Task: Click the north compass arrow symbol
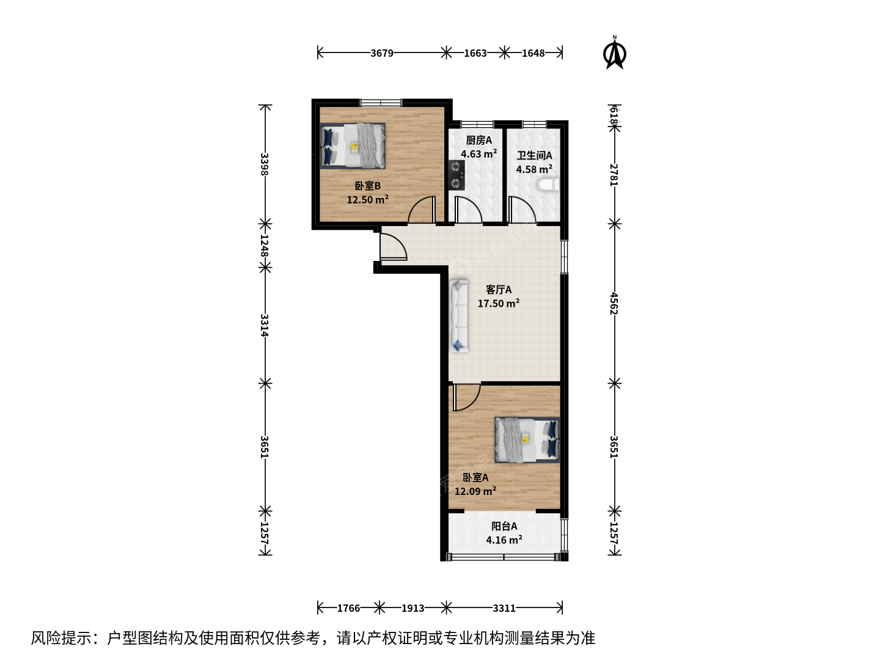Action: (614, 53)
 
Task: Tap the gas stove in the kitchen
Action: (457, 175)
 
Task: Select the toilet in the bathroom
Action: (548, 185)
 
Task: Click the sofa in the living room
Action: (459, 316)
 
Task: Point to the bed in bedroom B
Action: (353, 145)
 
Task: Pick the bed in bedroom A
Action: (527, 440)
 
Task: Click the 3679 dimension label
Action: (382, 53)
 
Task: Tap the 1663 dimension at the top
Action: (475, 53)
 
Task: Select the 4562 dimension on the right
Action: (614, 303)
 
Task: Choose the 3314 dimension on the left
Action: (264, 325)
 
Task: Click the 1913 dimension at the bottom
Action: (413, 608)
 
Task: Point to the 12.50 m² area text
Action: (367, 199)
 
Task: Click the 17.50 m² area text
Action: (498, 303)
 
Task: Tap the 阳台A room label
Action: (504, 526)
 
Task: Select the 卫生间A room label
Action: (534, 155)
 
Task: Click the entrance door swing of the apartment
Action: (394, 246)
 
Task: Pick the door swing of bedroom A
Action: (467, 397)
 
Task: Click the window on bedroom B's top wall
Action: (381, 103)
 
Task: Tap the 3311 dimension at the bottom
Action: (504, 608)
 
